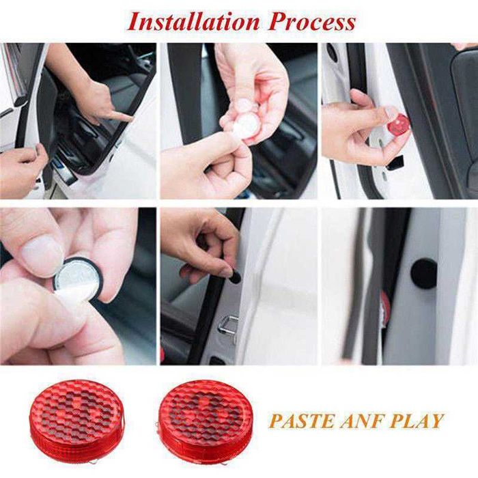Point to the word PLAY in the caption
[419, 420]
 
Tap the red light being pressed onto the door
[398, 124]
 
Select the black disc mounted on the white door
[423, 273]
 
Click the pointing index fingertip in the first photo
[127, 117]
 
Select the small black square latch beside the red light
[394, 163]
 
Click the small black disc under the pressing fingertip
[234, 277]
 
